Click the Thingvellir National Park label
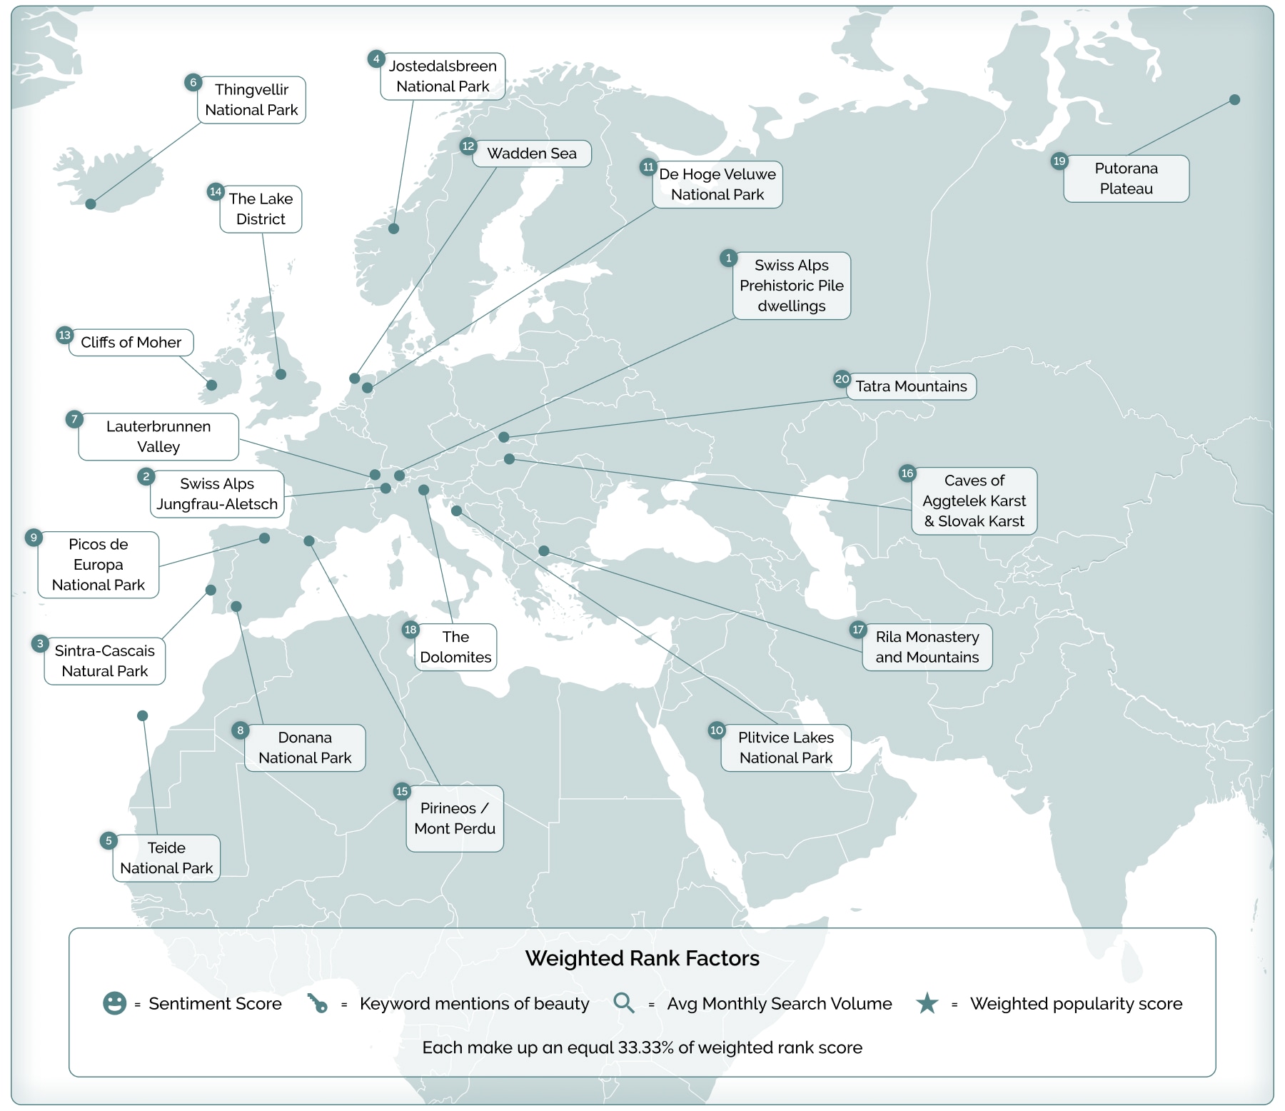pos(251,100)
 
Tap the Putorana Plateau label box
pos(1126,179)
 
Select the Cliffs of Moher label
pos(131,343)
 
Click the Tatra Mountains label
pos(911,386)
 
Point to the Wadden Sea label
pos(532,154)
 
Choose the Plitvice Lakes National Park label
pos(785,748)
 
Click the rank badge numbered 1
pos(728,258)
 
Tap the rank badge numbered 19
pos(1059,161)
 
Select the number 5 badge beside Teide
pos(109,840)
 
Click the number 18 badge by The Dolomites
pos(410,629)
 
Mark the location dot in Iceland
pos(91,204)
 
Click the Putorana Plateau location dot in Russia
pos(1234,100)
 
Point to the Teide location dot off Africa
pos(143,715)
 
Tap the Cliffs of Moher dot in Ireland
pos(212,385)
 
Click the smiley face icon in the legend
pos(114,1003)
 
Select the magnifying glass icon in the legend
pos(624,1002)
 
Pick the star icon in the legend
pos(927,1003)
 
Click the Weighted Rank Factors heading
pos(642,958)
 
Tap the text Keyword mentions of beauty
pos(474,1004)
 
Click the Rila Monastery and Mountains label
pos(927,647)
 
